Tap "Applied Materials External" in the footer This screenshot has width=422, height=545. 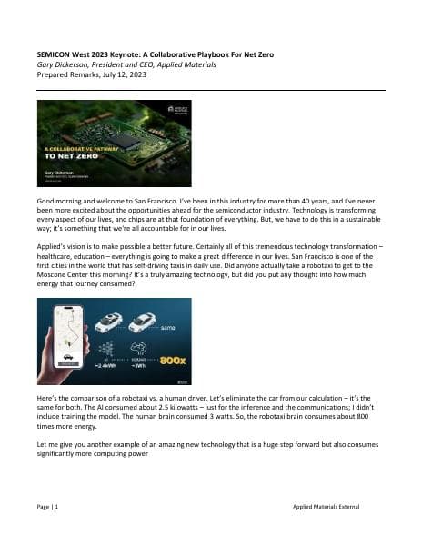click(x=333, y=503)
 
